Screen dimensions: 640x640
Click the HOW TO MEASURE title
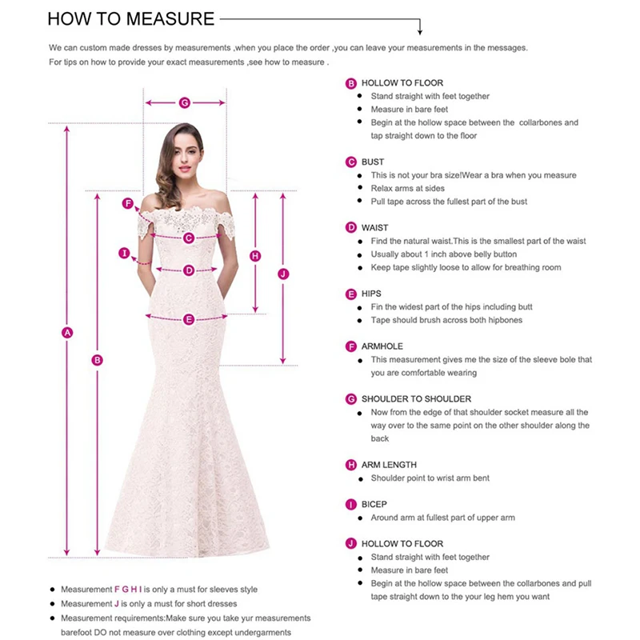[x=130, y=18]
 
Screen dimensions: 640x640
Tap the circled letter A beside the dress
[x=67, y=332]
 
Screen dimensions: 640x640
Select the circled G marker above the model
[x=184, y=102]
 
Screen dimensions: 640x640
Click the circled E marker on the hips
[x=189, y=319]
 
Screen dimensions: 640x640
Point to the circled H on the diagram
[x=255, y=256]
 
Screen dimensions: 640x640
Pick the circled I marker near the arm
[x=124, y=254]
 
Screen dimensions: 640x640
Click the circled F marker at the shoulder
[x=127, y=203]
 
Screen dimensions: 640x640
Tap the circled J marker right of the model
[x=282, y=274]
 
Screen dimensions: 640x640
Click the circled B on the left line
[x=98, y=360]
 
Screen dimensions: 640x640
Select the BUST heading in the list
[x=373, y=162]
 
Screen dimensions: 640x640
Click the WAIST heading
[x=374, y=228]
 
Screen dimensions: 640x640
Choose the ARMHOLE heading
[x=382, y=346]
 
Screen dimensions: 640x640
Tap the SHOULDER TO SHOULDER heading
[x=416, y=398]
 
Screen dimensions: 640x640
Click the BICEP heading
[x=374, y=505]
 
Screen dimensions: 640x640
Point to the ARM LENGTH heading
[x=389, y=465]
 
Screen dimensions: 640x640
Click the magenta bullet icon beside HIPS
[x=350, y=294]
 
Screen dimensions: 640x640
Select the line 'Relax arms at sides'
[x=409, y=188]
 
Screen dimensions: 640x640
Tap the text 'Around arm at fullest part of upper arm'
[x=442, y=518]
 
